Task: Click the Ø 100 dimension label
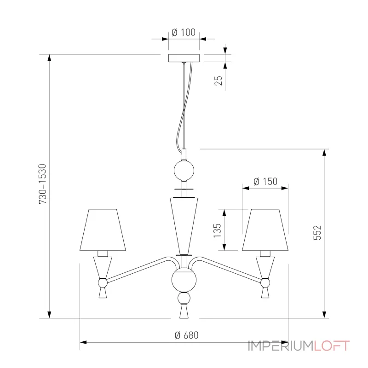click(x=184, y=32)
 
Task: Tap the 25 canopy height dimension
click(x=219, y=80)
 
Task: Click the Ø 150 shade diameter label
click(x=265, y=181)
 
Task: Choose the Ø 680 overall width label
click(x=186, y=335)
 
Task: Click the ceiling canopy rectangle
click(x=184, y=58)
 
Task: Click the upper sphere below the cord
click(x=184, y=170)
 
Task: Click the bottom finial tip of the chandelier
click(x=184, y=313)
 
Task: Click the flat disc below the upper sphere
click(x=184, y=189)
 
